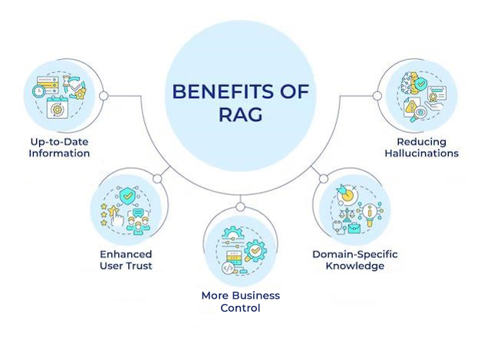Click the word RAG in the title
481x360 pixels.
click(241, 115)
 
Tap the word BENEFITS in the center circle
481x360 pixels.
click(223, 91)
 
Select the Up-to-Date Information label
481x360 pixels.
click(59, 147)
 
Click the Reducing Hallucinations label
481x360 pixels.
click(421, 147)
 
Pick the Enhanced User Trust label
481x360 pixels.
click(126, 260)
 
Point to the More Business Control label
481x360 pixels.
click(241, 302)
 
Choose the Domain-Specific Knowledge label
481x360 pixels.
click(355, 260)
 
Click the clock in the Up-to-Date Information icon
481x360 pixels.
click(38, 91)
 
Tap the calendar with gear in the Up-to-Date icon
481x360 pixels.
click(57, 107)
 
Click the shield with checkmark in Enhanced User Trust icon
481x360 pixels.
click(127, 196)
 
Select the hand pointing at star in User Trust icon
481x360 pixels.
click(115, 216)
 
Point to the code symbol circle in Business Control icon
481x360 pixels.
click(228, 268)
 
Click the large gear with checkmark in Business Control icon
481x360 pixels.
click(255, 251)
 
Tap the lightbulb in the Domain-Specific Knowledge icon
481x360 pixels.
click(371, 215)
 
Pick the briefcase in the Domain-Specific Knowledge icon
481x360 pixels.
click(354, 228)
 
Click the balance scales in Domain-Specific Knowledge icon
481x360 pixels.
click(347, 215)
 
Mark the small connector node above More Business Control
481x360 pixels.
click(241, 206)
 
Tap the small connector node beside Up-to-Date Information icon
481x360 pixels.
click(104, 96)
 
